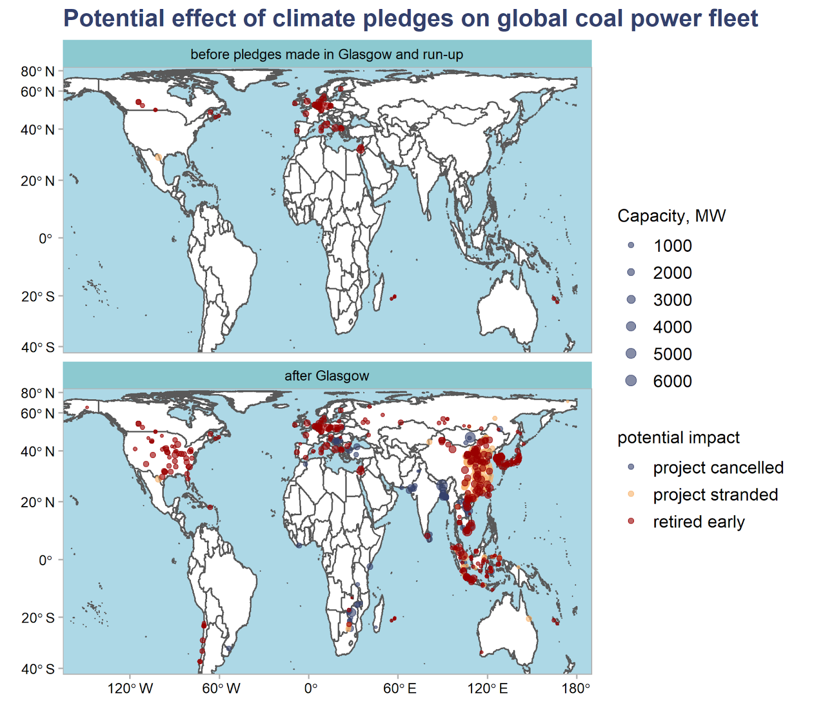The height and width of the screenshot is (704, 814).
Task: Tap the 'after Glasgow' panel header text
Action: pos(327,376)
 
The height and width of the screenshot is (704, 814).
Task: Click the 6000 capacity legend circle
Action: pos(631,380)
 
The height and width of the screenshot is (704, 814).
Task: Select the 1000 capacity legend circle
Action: pos(631,245)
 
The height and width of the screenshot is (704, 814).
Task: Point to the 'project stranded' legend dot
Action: pos(631,494)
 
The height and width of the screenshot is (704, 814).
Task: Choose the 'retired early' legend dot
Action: pos(631,521)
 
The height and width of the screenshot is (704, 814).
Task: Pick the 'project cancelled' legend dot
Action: pos(631,467)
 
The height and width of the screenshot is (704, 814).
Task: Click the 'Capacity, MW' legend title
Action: pos(671,216)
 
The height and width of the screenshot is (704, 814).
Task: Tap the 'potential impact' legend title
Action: pos(678,437)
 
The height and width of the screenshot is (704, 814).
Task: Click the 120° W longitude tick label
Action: pos(130,688)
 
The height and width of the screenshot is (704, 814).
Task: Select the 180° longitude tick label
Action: pos(576,688)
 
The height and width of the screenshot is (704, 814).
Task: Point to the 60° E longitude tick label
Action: pos(399,688)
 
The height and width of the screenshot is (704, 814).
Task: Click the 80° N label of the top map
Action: pos(38,71)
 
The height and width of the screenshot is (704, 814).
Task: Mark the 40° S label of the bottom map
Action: pos(38,669)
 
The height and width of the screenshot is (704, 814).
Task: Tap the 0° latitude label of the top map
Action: pos(45,238)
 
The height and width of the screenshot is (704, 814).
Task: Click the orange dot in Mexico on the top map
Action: pos(158,157)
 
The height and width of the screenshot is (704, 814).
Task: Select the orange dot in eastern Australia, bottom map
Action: pos(529,619)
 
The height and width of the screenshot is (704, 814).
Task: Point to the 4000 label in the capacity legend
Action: pos(672,327)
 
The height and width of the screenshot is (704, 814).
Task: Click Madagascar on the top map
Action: pos(378,292)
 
